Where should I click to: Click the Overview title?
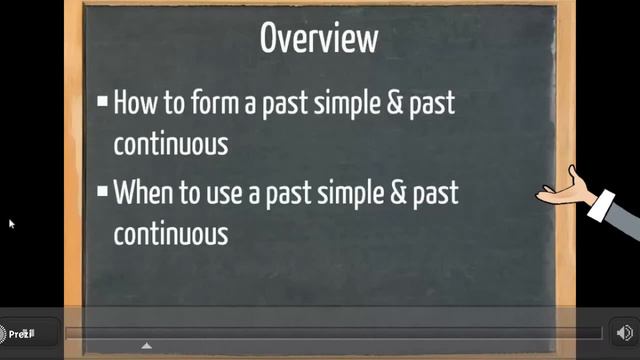(319, 39)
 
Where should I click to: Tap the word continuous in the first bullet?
(170, 143)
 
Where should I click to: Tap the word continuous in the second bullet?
(170, 234)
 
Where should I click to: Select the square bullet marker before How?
(102, 101)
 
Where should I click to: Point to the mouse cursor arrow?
(12, 224)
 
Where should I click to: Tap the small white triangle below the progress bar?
(147, 346)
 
